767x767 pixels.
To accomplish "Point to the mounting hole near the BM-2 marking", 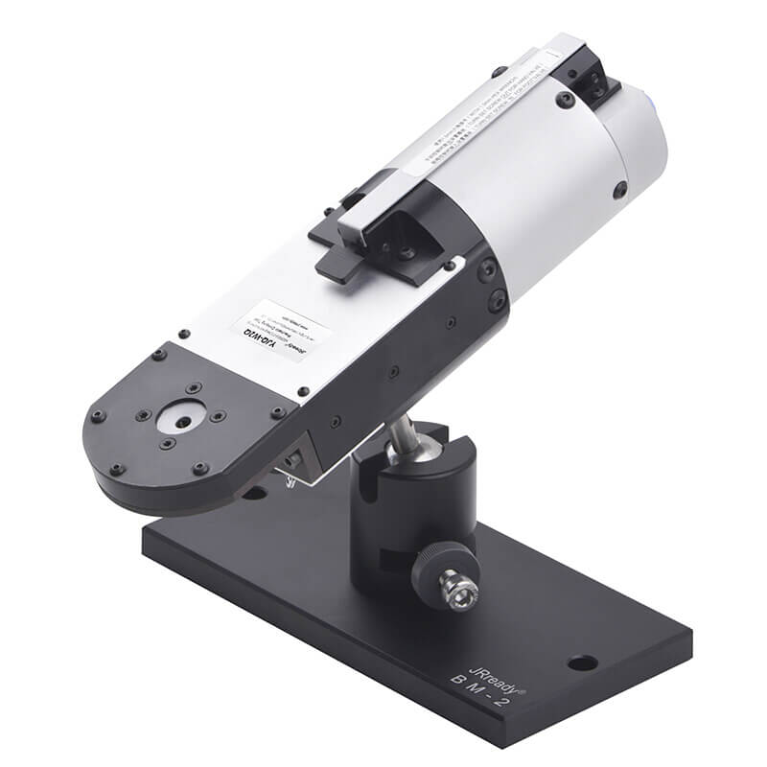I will point(580,662).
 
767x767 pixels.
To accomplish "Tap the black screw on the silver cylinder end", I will point(620,189).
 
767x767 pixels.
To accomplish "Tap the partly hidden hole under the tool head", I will point(255,494).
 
